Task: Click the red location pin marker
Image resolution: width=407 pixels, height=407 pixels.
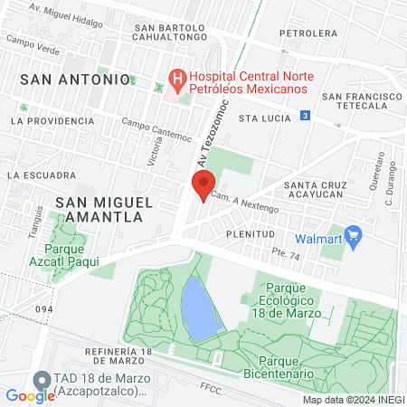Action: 203,185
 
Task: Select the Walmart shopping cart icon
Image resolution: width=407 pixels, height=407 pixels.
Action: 354,239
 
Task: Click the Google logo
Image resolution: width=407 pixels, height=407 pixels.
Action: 30,395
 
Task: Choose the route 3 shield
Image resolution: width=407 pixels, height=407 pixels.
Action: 307,116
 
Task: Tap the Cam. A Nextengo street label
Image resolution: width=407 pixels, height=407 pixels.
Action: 244,201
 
